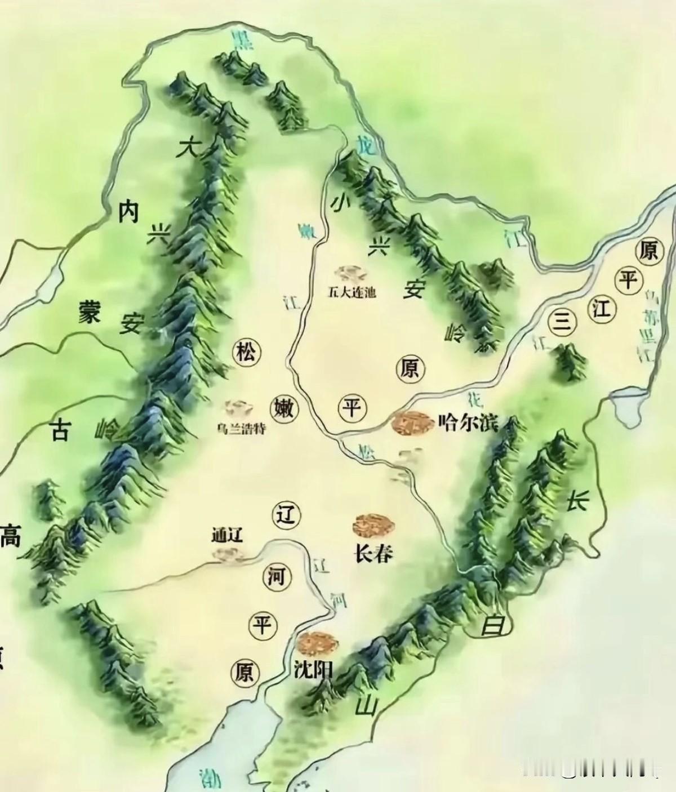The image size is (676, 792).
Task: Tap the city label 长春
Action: tap(372, 553)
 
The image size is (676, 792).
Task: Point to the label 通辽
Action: tap(227, 534)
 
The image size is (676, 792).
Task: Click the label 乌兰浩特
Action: tap(242, 429)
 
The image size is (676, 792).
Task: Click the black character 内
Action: tap(128, 213)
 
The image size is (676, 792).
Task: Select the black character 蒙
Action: tap(89, 311)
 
